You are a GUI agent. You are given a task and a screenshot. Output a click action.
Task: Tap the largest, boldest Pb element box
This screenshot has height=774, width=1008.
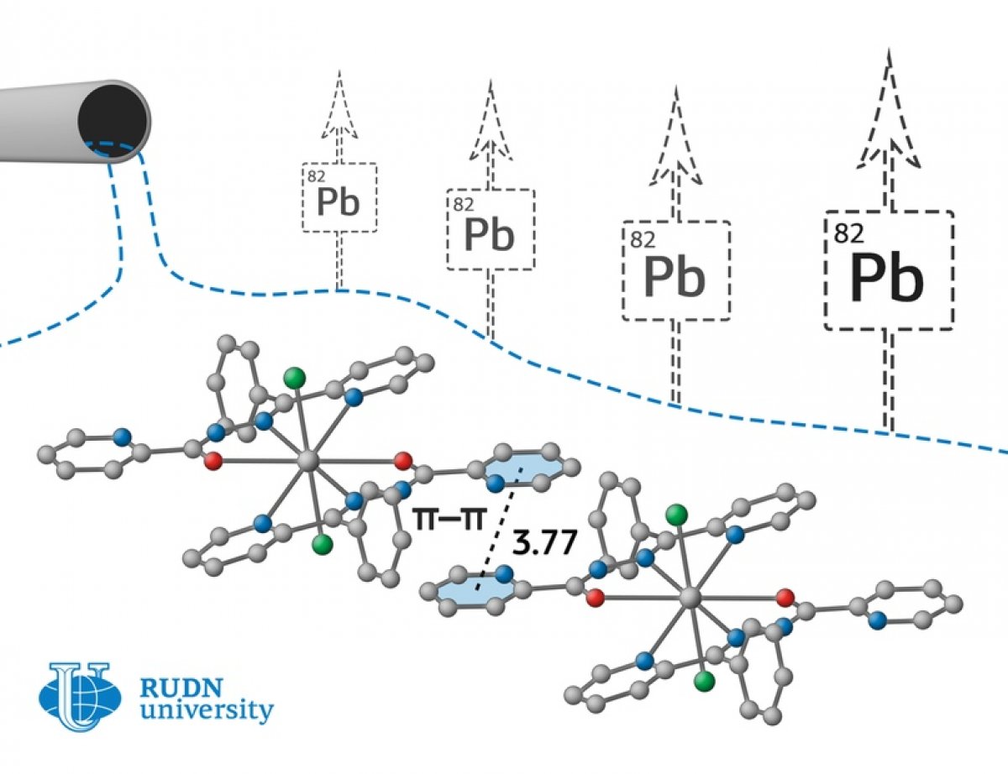[889, 270]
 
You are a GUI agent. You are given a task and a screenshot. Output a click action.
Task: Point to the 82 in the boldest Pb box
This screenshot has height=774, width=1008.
[848, 233]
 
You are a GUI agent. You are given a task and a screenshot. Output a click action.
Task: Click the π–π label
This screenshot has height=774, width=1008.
[448, 519]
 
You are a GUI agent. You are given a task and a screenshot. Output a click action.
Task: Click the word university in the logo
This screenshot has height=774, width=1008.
[207, 710]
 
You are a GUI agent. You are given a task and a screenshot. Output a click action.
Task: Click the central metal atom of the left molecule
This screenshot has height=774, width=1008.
[308, 461]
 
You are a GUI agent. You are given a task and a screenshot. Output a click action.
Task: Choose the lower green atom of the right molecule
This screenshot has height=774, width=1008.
[704, 681]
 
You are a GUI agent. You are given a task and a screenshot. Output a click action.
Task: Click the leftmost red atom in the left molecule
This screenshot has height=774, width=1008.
[213, 461]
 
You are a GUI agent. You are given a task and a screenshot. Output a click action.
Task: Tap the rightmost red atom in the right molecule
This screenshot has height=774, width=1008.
[785, 598]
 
